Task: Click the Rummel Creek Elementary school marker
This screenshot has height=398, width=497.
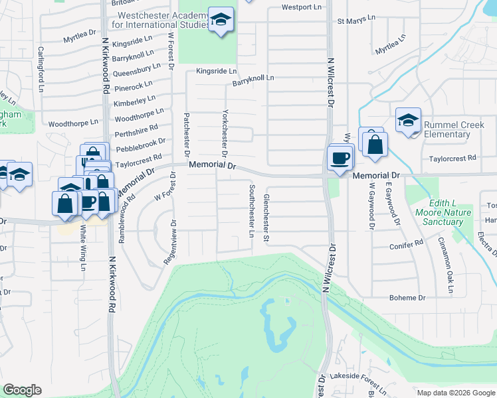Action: (x=408, y=120)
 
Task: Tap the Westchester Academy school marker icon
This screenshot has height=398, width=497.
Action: (x=221, y=20)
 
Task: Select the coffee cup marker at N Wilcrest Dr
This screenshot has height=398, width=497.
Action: (x=340, y=158)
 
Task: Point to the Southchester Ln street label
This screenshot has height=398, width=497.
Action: (x=251, y=211)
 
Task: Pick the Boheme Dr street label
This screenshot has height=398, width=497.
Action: (x=412, y=298)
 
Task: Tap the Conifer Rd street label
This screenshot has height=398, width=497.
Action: (x=408, y=244)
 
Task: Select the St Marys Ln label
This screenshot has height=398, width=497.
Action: (x=352, y=22)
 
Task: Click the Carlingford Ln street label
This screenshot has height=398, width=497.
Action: (x=41, y=69)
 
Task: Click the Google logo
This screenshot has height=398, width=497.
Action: (x=22, y=389)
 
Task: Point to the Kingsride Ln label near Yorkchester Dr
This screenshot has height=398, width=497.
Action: (x=216, y=71)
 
